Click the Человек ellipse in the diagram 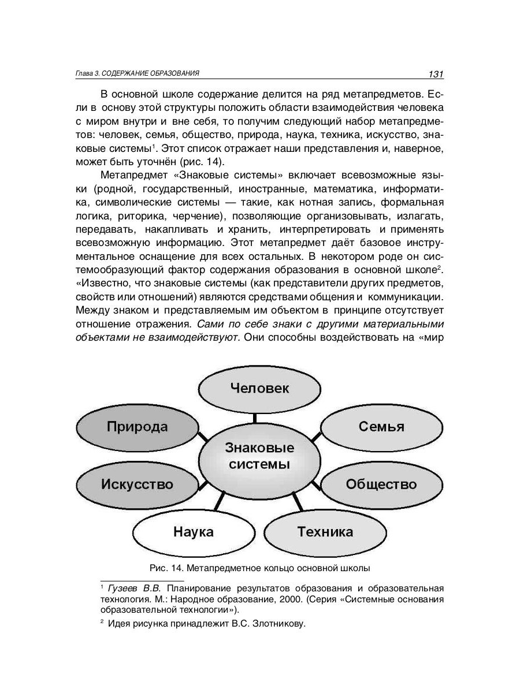(x=259, y=388)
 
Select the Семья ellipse (x=381, y=427)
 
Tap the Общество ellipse (x=381, y=484)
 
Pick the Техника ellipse (x=325, y=531)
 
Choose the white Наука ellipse (x=193, y=531)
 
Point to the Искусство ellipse (x=137, y=484)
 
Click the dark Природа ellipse (x=137, y=427)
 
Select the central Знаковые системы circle (x=259, y=456)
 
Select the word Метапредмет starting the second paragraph (x=134, y=175)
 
